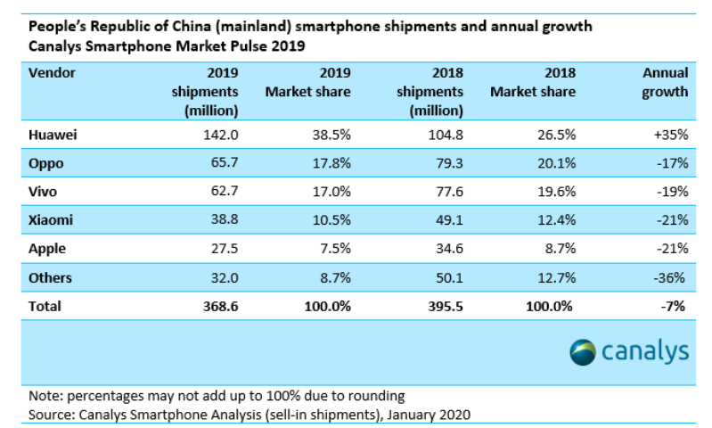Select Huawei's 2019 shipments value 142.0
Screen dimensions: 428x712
click(219, 136)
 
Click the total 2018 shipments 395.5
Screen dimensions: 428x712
click(442, 306)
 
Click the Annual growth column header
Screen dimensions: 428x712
click(665, 82)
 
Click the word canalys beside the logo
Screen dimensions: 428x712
click(646, 351)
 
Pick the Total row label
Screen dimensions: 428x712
click(45, 306)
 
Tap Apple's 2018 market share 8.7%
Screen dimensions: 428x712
click(558, 250)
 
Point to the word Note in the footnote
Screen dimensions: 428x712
click(43, 396)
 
